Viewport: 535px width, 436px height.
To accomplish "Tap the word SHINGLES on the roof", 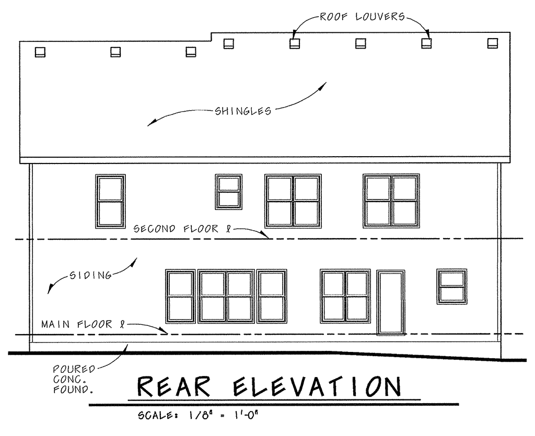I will point(243,111).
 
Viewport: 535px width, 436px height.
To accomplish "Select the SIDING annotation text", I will point(91,275).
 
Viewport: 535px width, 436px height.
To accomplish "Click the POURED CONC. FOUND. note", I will point(73,379).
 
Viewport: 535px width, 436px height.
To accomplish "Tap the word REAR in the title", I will point(175,387).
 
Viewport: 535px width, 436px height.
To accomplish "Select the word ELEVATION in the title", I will point(317,387).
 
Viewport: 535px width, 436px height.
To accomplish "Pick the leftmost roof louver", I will point(40,52).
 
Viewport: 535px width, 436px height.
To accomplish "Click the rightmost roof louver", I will point(492,43).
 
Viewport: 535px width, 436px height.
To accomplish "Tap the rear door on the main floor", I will point(391,302).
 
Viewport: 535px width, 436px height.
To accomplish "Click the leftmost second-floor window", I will point(110,201).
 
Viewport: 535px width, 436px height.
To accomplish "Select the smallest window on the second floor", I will point(228,192).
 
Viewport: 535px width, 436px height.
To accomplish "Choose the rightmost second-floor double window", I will point(391,201).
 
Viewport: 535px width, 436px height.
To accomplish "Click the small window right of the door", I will point(452,286).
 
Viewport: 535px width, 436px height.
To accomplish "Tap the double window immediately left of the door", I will point(345,296).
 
